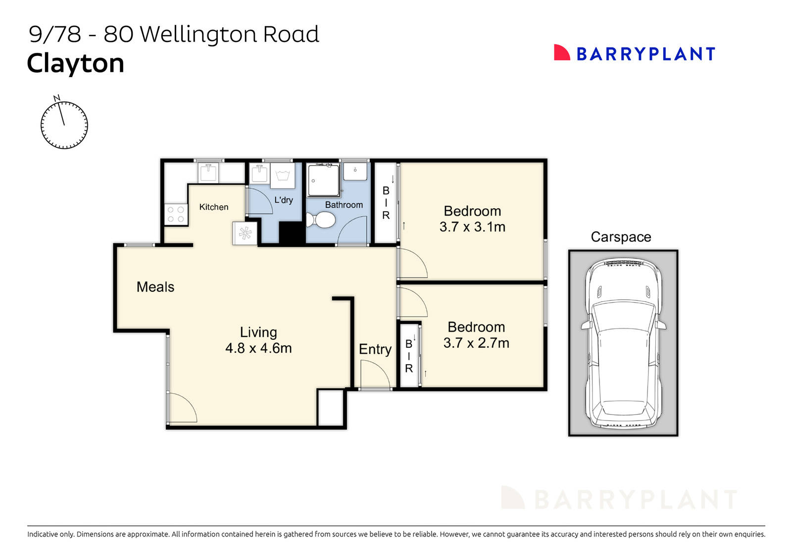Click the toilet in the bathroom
point(320,220)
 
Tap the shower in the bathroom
point(324,181)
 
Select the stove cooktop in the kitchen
point(176,215)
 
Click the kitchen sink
point(208,173)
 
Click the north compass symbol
point(64,124)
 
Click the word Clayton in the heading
point(75,63)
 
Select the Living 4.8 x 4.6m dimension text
point(258,348)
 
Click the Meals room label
point(155,287)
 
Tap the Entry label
point(375,349)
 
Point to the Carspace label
point(621,237)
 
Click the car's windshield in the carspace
point(623,316)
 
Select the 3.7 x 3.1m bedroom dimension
point(472,227)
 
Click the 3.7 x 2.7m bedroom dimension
point(476,343)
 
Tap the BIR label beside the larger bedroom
point(386,203)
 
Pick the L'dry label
point(284,200)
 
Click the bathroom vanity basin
point(355,171)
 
